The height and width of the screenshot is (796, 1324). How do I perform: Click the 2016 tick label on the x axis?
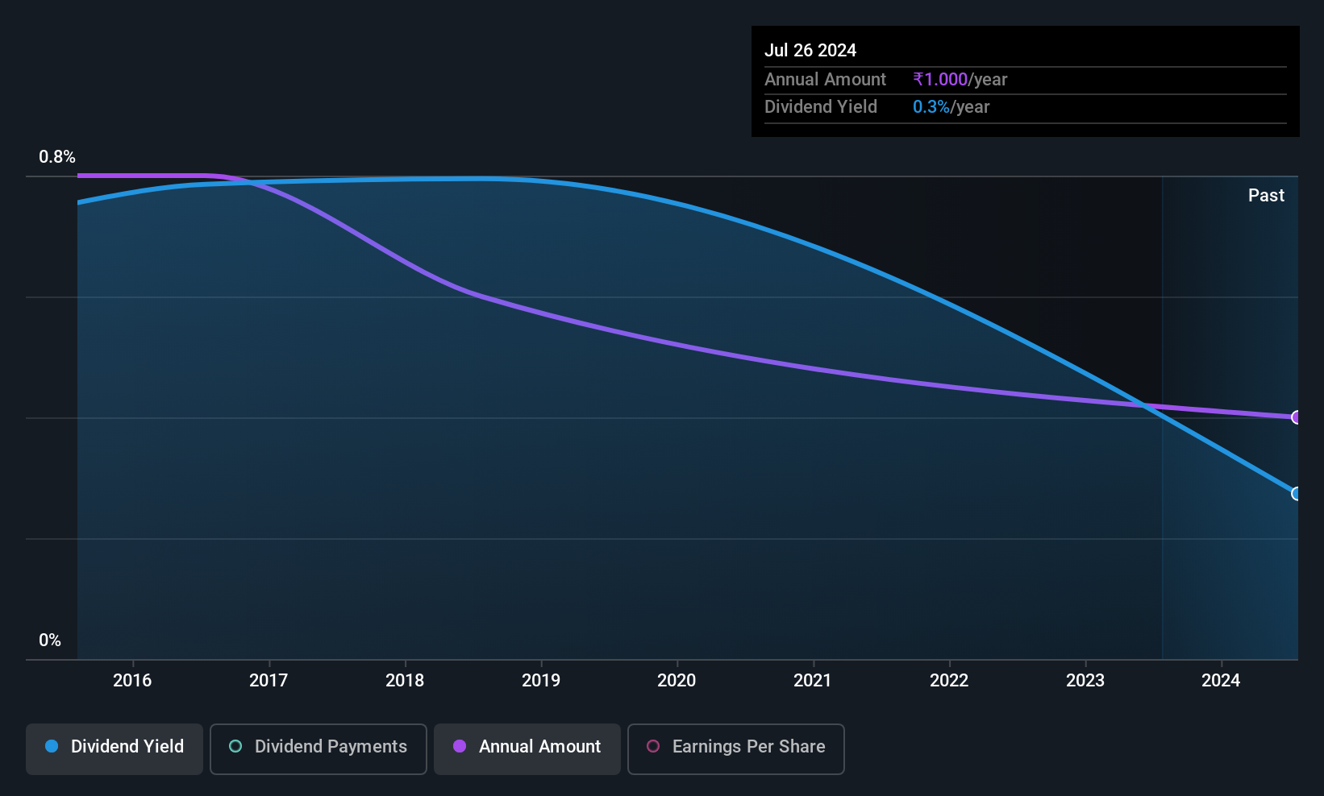pyautogui.click(x=132, y=680)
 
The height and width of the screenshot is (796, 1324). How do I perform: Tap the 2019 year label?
pyautogui.click(x=541, y=680)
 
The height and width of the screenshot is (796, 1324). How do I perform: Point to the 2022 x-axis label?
pyautogui.click(x=949, y=680)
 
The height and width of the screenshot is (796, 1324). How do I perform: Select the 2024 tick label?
pyautogui.click(x=1221, y=680)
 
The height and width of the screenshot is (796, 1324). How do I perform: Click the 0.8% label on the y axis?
pyautogui.click(x=57, y=157)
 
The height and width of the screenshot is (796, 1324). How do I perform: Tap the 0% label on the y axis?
pyautogui.click(x=50, y=641)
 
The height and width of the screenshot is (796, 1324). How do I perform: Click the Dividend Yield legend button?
pyautogui.click(x=114, y=748)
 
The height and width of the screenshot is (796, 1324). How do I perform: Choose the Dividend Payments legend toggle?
pyautogui.click(x=318, y=748)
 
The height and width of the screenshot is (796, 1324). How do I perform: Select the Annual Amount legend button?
pyautogui.click(x=527, y=748)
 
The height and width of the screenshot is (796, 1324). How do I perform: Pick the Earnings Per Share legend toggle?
pyautogui.click(x=736, y=748)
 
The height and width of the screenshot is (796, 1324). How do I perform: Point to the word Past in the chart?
pyautogui.click(x=1266, y=196)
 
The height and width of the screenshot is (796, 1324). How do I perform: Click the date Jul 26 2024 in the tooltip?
pyautogui.click(x=810, y=50)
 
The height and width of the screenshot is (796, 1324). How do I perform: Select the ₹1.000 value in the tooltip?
pyautogui.click(x=940, y=79)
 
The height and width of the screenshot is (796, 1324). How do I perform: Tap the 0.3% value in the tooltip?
pyautogui.click(x=931, y=107)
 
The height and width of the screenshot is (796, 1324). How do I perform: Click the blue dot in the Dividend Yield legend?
pyautogui.click(x=52, y=746)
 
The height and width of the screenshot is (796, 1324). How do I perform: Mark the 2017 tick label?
pyautogui.click(x=269, y=680)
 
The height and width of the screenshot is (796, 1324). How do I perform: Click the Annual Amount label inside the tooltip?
pyautogui.click(x=825, y=79)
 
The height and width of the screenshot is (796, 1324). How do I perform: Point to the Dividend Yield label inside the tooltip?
pyautogui.click(x=821, y=107)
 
